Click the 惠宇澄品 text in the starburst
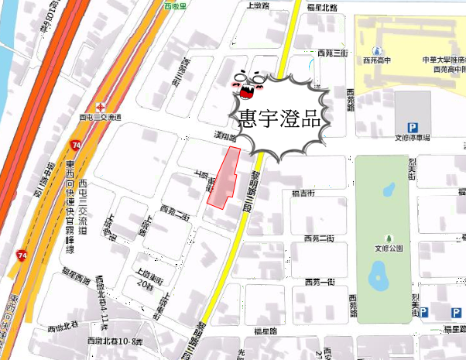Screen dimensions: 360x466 tap(281, 118)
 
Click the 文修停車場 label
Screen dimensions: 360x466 tap(412, 137)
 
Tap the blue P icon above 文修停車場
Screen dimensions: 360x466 tap(413, 127)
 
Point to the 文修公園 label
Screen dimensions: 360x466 tap(390, 248)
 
